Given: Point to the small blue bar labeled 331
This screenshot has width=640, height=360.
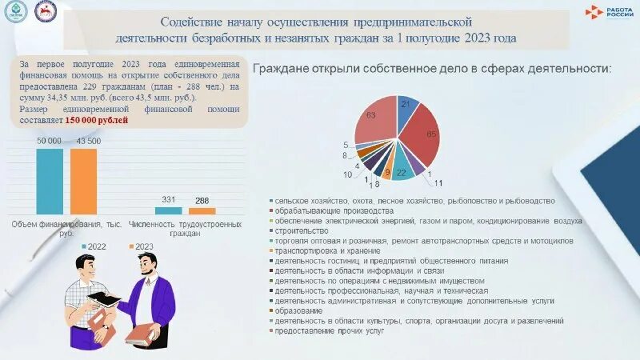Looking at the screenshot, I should (x=168, y=210).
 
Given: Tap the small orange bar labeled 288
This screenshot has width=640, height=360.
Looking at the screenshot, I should (x=202, y=211).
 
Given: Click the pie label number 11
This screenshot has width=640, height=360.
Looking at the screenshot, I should (x=438, y=182).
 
